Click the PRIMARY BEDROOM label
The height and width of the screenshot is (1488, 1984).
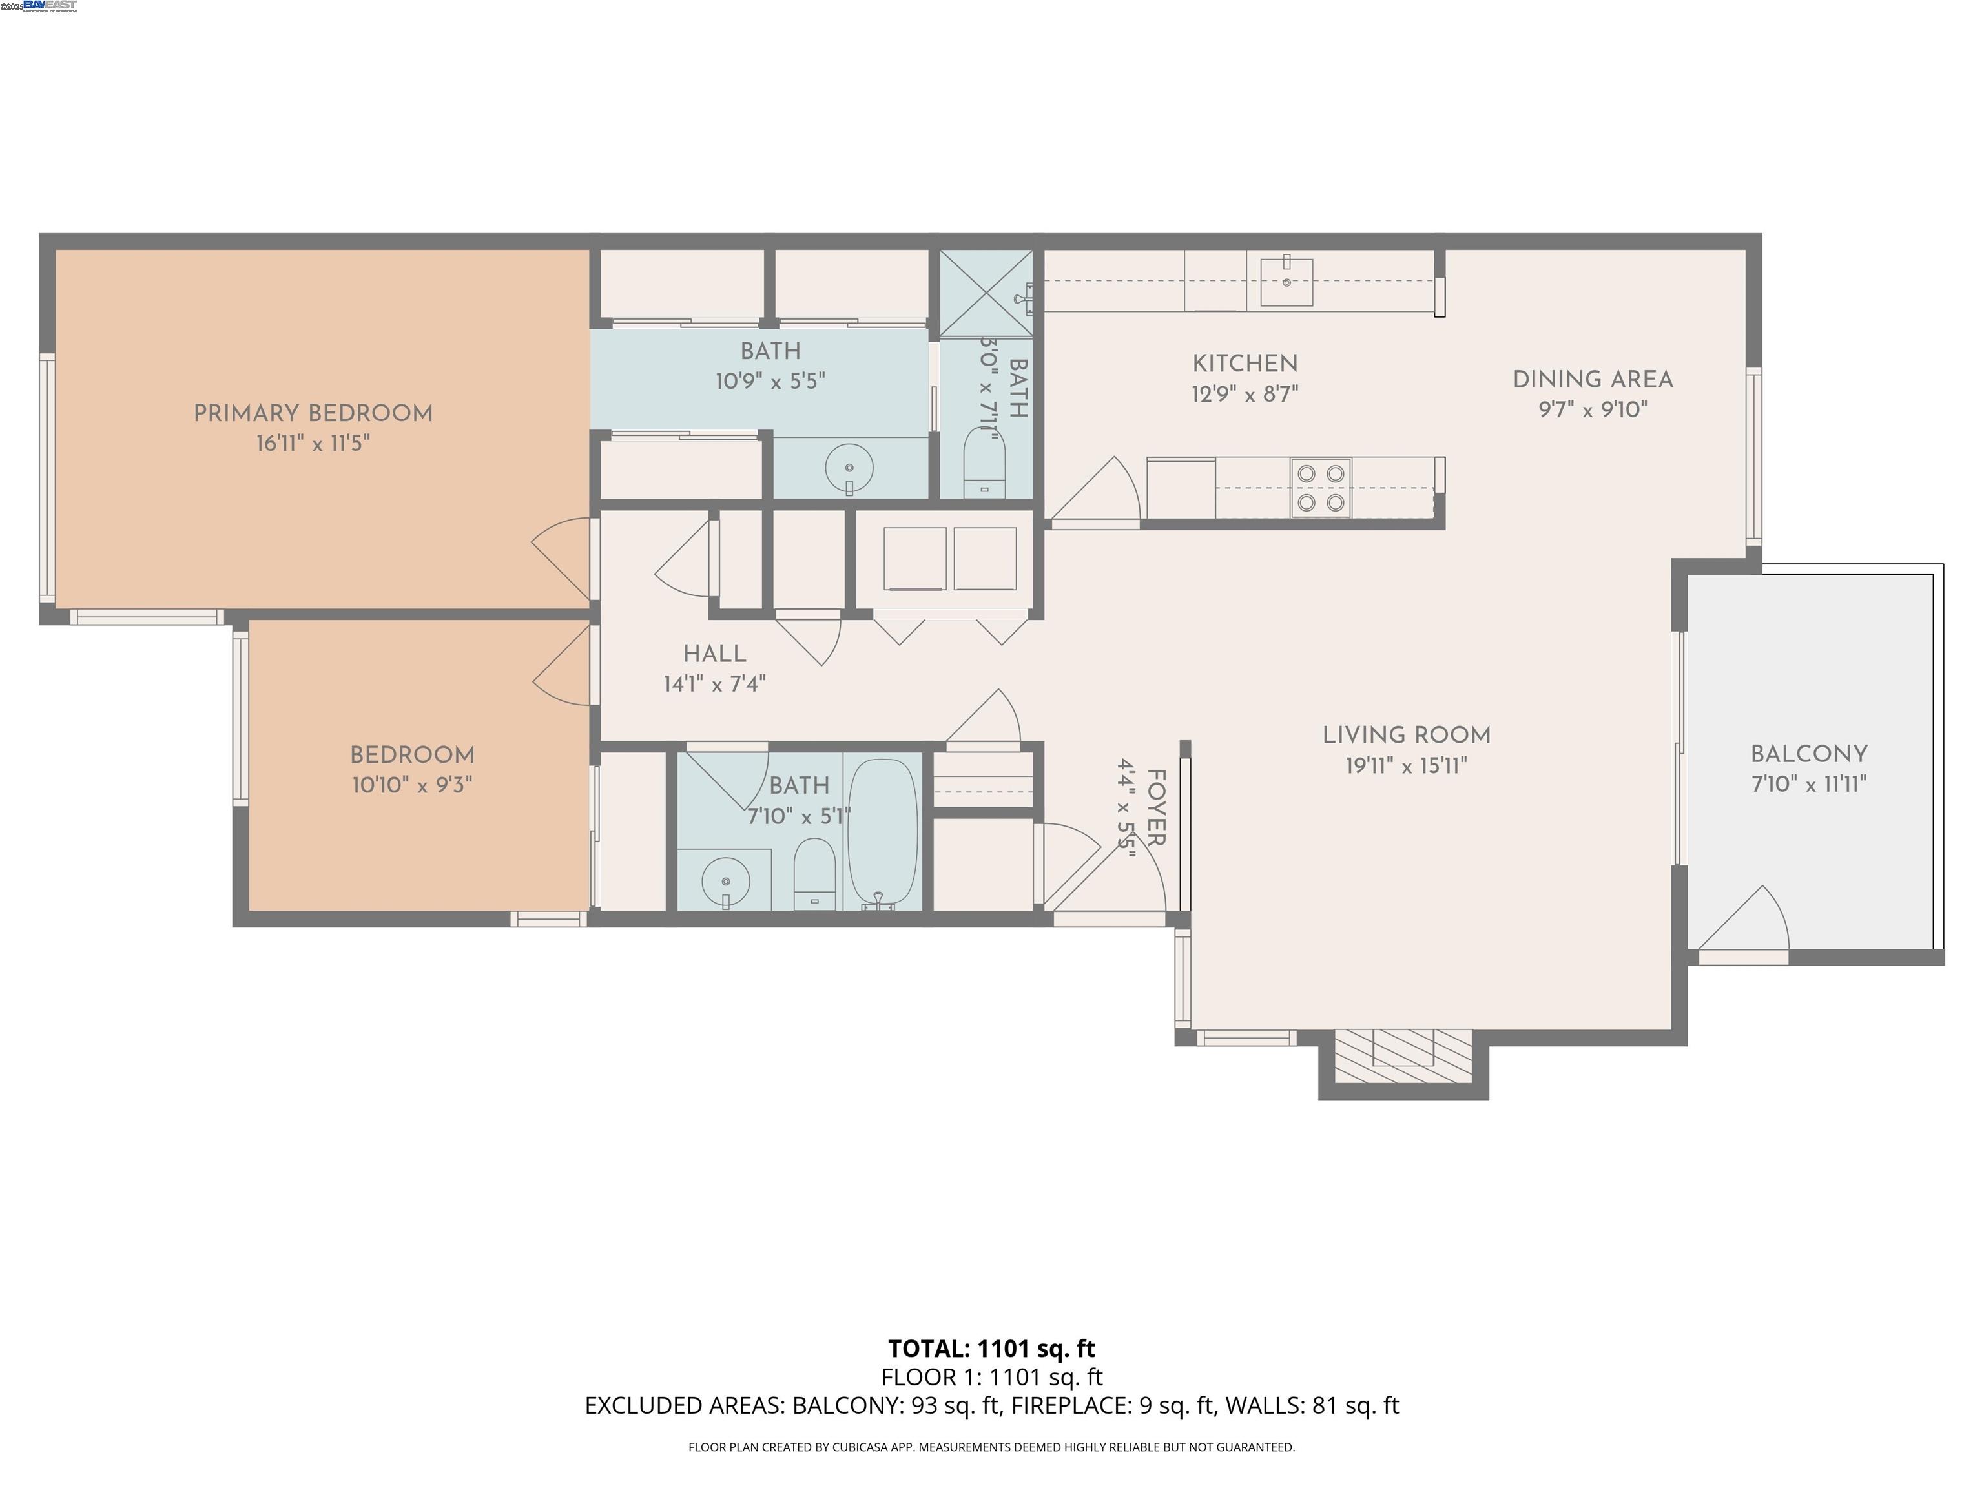click(x=313, y=413)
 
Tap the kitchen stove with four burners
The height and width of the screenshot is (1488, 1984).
click(x=1320, y=488)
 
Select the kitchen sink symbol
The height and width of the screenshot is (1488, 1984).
click(x=1286, y=281)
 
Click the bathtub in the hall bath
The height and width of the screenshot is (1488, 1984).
click(x=883, y=832)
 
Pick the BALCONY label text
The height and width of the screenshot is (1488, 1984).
click(x=1808, y=754)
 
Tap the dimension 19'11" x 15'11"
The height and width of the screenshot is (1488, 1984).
click(x=1405, y=766)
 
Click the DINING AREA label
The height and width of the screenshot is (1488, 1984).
click(x=1592, y=379)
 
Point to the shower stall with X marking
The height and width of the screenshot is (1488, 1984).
click(x=986, y=293)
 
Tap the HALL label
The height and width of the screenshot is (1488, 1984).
click(x=714, y=654)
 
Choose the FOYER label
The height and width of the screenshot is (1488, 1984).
click(x=1156, y=807)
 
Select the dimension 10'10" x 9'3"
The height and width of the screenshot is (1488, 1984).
click(x=411, y=785)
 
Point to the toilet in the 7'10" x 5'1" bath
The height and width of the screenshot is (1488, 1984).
click(x=814, y=872)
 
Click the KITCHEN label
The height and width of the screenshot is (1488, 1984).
click(x=1244, y=363)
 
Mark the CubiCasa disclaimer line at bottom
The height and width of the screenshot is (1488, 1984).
click(x=991, y=1447)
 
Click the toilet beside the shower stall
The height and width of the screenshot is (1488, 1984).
click(x=985, y=461)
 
